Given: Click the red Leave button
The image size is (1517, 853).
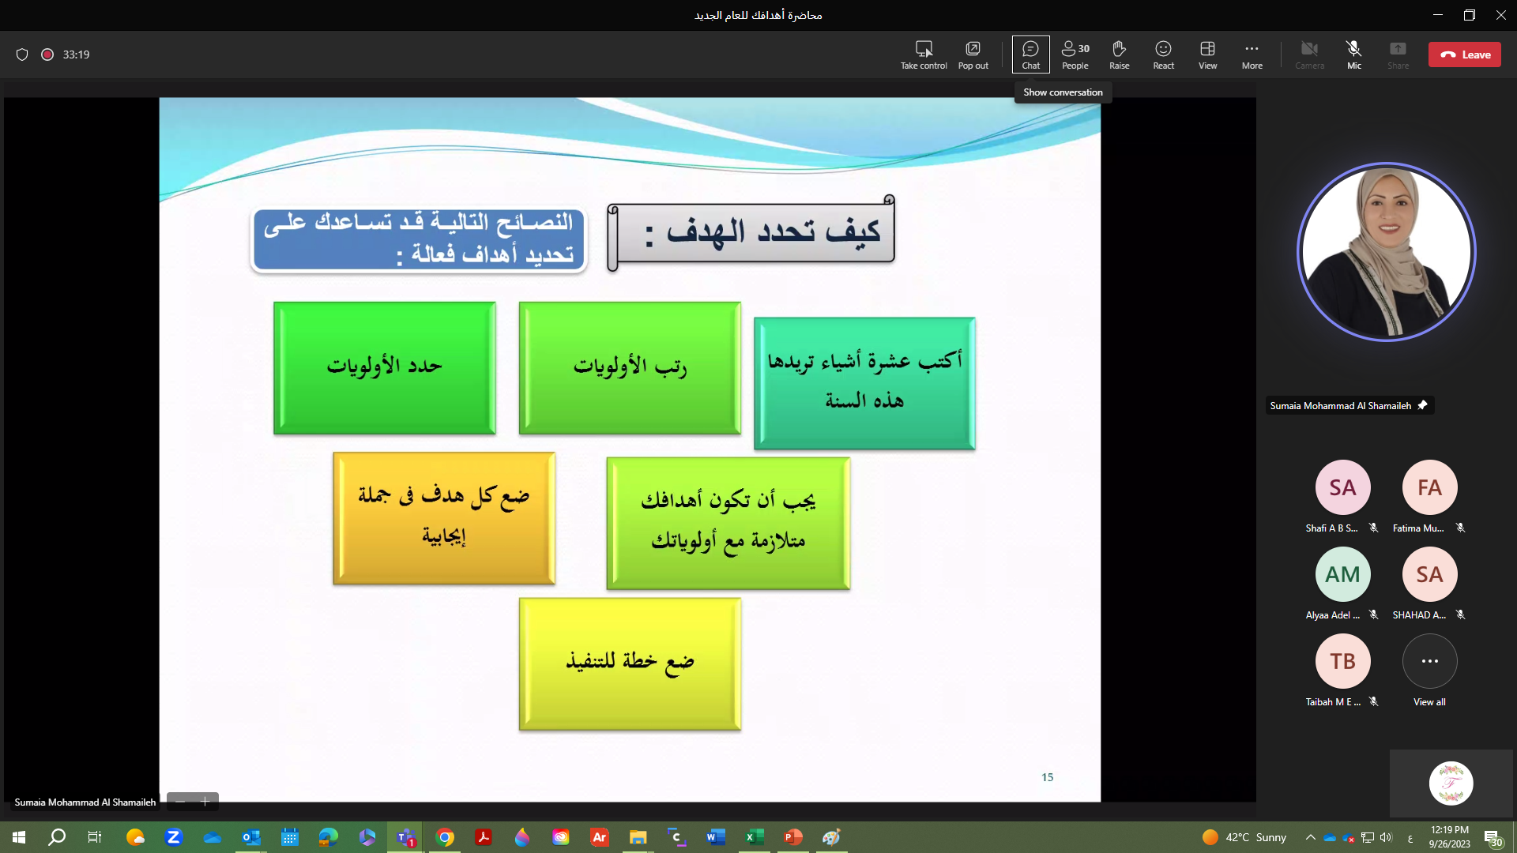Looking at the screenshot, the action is pos(1464,54).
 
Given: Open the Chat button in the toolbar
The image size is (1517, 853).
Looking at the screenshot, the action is pos(1031,54).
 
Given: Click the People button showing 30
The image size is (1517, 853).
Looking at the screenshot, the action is pos(1075,54).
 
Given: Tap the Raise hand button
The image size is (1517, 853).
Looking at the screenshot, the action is pos(1120,54).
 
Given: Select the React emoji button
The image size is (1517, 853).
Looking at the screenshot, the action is pos(1164,54).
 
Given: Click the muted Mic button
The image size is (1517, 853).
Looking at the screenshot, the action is pos(1354,54).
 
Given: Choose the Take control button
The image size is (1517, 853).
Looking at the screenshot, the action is pos(924,54).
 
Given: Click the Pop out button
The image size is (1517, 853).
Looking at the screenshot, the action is pos(973,54).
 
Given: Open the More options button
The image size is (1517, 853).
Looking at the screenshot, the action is pos(1252,54).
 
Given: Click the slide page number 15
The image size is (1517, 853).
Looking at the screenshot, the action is pos(1048,777).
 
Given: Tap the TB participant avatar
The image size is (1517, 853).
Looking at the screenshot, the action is pos(1342,661).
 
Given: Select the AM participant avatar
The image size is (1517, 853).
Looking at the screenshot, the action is pos(1342,574).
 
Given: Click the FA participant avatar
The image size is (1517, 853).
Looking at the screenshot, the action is pos(1429,487).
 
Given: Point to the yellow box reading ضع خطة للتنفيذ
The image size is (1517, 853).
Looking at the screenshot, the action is pos(630,663).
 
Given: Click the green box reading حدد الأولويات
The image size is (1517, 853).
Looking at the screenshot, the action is pos(385,368).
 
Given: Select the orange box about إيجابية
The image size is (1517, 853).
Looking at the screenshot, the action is pos(444,518).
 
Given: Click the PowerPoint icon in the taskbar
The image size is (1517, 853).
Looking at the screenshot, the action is pos(792,837).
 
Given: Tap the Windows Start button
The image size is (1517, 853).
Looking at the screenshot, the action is pos(19,837).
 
